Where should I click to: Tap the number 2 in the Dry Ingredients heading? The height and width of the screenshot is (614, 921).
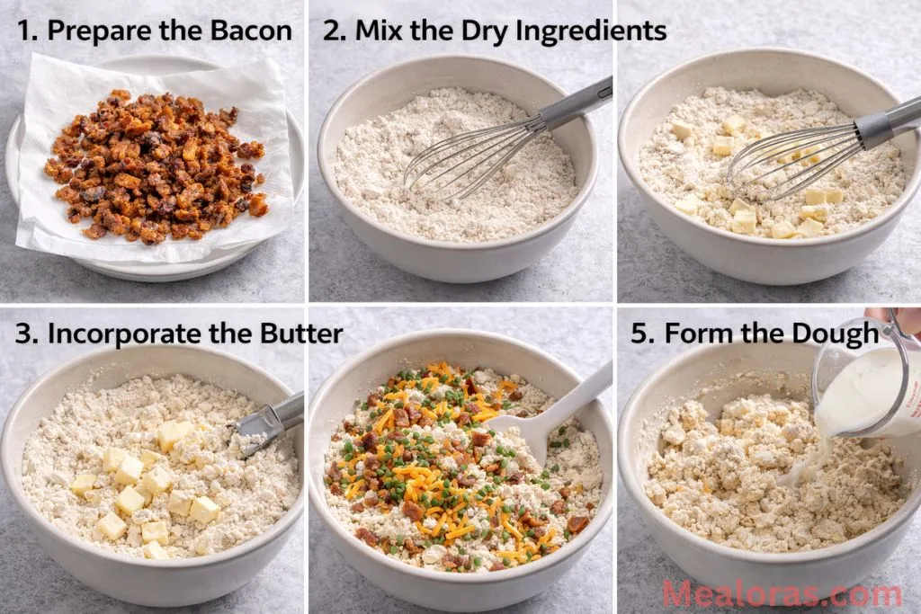point(333,31)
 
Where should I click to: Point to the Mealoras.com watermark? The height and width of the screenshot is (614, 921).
point(782,594)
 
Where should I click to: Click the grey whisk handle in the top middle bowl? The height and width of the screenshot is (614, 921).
point(577,103)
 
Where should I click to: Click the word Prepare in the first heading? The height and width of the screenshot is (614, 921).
point(99,31)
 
